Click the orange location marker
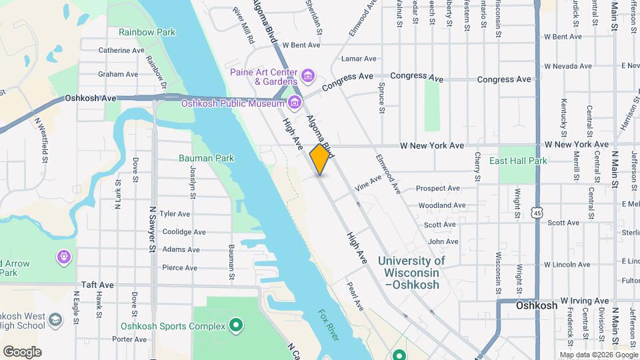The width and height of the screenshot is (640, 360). tap(320, 159)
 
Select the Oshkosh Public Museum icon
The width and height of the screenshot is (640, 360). tap(295, 103)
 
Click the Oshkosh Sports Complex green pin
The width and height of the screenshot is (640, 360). tap(235, 326)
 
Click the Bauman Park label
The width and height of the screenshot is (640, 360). tap(206, 158)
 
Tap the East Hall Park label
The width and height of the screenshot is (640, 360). tap(518, 161)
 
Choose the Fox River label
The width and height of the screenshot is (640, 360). tap(328, 325)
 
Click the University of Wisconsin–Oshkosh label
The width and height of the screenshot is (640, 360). tap(411, 273)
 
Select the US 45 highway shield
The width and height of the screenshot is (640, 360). tap(537, 211)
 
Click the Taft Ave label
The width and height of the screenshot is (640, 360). tap(98, 284)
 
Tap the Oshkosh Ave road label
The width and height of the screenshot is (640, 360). tap(91, 98)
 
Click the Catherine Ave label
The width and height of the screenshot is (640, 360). tap(121, 50)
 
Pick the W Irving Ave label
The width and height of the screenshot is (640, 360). tap(585, 301)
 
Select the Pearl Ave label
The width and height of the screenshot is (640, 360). tap(354, 296)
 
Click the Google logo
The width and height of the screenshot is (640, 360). tap(22, 351)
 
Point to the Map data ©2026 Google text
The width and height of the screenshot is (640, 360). tap(597, 355)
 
